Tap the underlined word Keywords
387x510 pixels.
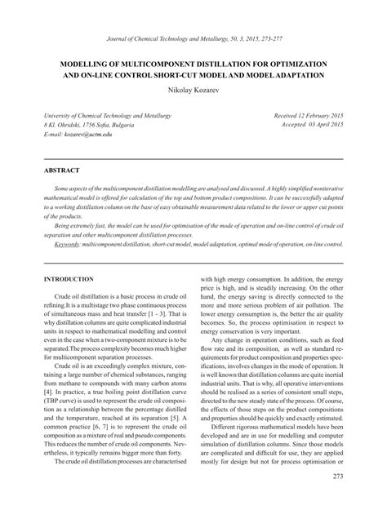(x=67, y=243)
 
